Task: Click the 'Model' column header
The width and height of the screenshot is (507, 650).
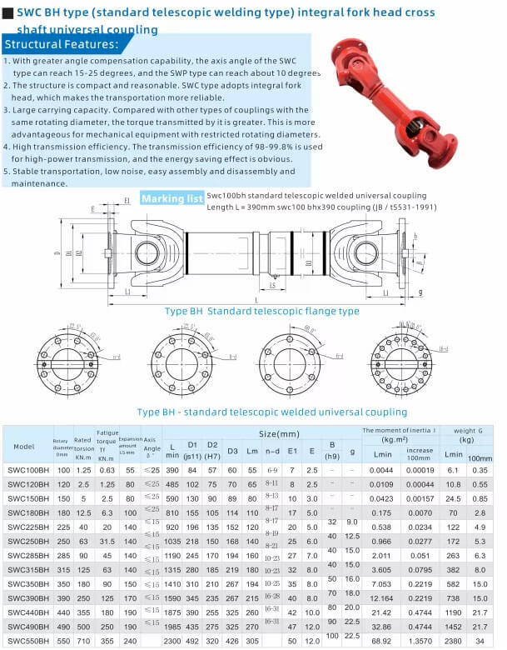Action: pyautogui.click(x=24, y=447)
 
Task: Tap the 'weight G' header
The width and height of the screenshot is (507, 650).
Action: pyautogui.click(x=470, y=430)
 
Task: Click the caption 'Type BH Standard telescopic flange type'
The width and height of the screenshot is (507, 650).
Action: pyautogui.click(x=261, y=311)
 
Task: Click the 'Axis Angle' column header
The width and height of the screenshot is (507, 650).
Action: pyautogui.click(x=151, y=447)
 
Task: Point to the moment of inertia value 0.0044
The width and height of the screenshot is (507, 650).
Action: pyautogui.click(x=382, y=471)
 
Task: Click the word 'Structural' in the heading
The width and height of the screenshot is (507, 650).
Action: pyautogui.click(x=34, y=44)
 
